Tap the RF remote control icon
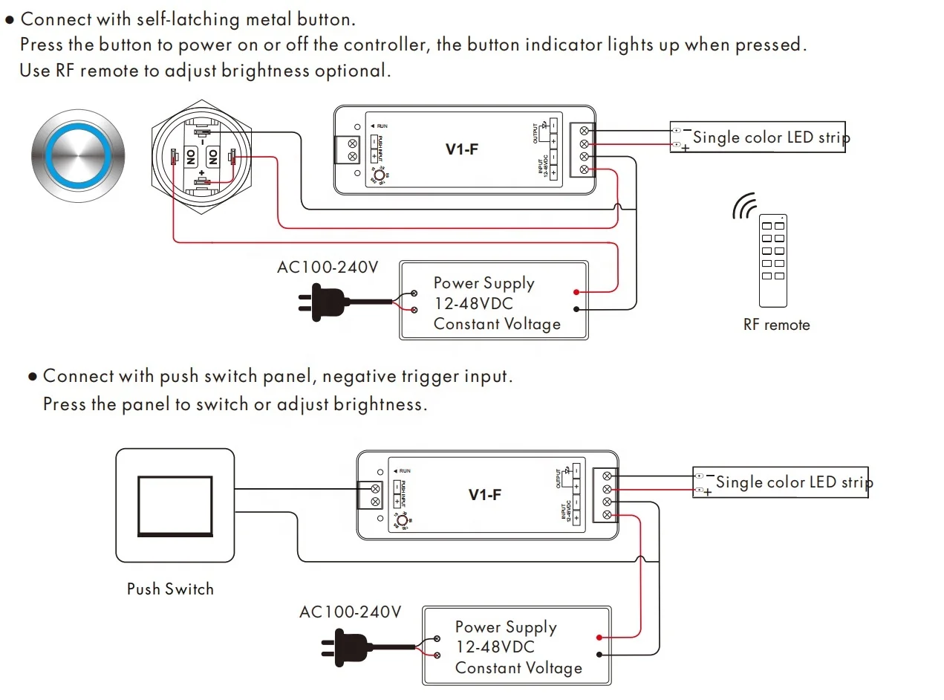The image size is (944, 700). click(x=772, y=260)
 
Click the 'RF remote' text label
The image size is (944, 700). click(x=776, y=325)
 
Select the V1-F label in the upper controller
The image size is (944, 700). click(x=462, y=149)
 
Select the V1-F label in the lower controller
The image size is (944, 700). click(x=485, y=495)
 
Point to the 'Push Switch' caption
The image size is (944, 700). click(x=170, y=589)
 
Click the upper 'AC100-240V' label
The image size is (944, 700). click(x=328, y=267)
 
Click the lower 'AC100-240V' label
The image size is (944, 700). click(x=350, y=612)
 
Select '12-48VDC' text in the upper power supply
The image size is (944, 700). click(x=473, y=304)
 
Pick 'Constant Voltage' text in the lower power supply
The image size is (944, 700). click(x=518, y=668)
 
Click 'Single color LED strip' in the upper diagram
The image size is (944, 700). click(x=771, y=137)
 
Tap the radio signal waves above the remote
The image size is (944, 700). click(x=743, y=207)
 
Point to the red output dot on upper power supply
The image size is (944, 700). click(x=576, y=293)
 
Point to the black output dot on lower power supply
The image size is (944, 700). click(x=599, y=654)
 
